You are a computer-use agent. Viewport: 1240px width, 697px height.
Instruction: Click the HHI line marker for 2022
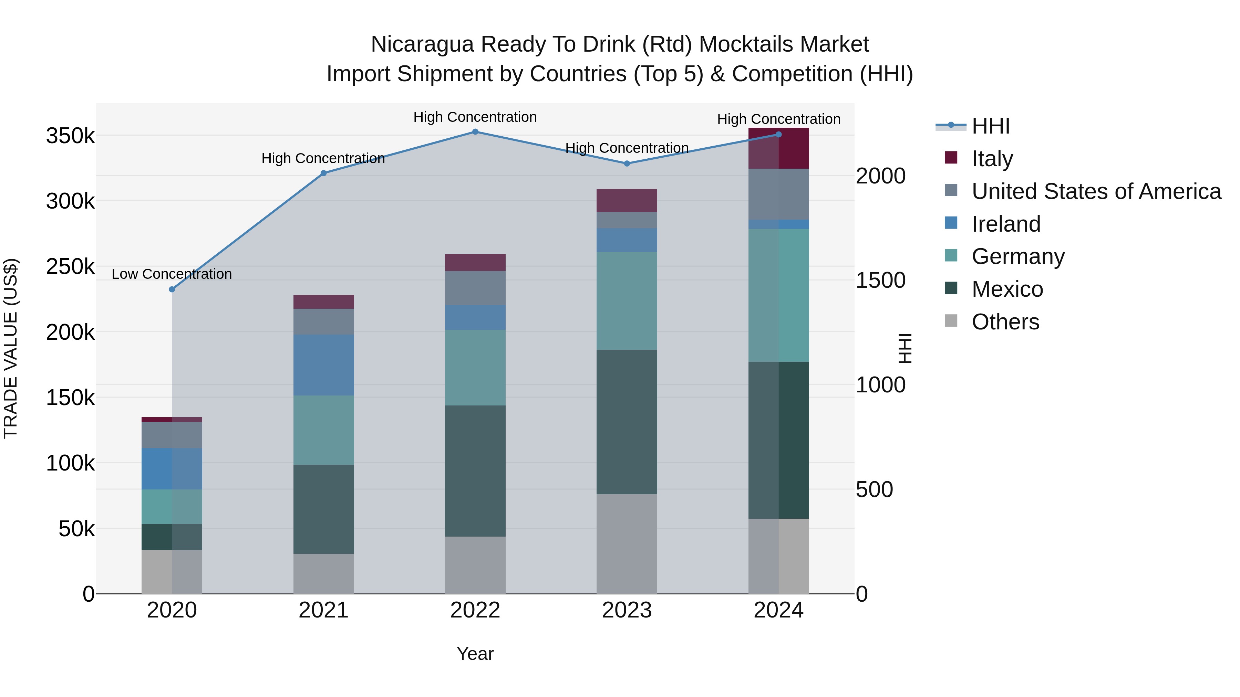click(x=475, y=132)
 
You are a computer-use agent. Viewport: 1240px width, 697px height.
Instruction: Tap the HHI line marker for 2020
click(x=172, y=289)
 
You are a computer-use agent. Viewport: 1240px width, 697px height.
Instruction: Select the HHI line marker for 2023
click(x=627, y=163)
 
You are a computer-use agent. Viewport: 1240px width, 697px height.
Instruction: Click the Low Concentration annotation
click(x=172, y=274)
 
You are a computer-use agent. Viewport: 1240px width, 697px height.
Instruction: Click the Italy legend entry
click(x=992, y=159)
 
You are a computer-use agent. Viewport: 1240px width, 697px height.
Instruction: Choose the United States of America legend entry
click(x=1096, y=191)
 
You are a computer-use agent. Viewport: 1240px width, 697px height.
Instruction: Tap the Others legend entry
click(x=1005, y=322)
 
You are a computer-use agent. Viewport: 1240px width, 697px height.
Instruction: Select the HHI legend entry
click(x=990, y=126)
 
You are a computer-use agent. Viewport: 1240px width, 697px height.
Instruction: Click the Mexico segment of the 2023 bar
click(x=627, y=422)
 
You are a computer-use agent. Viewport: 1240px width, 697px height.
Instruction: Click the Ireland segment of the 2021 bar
click(x=323, y=365)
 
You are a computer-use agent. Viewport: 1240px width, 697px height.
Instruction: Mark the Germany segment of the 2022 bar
click(x=475, y=368)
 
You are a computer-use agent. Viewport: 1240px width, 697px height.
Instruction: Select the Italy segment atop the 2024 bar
click(x=778, y=148)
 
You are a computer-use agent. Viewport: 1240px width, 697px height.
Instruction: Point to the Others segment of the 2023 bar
click(x=627, y=543)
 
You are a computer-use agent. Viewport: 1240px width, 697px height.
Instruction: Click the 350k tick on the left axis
click(x=70, y=136)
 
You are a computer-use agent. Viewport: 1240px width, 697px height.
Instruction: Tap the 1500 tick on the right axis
click(x=880, y=281)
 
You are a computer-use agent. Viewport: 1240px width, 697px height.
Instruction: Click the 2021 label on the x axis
click(x=323, y=610)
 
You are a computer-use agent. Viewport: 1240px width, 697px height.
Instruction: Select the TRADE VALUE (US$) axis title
click(x=11, y=348)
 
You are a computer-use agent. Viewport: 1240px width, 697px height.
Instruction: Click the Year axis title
click(x=475, y=654)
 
